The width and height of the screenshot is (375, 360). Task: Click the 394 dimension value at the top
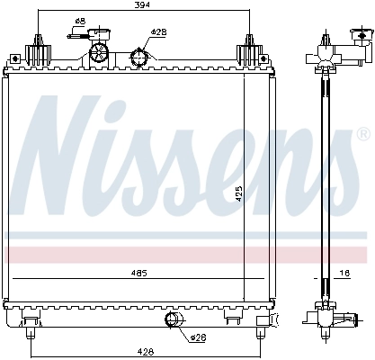click(x=142, y=7)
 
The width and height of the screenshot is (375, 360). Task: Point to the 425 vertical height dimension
click(x=239, y=191)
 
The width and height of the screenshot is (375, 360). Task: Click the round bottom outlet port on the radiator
click(x=174, y=321)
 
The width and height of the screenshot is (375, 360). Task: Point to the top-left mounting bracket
click(x=37, y=49)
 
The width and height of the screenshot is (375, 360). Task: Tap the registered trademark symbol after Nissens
click(x=362, y=136)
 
